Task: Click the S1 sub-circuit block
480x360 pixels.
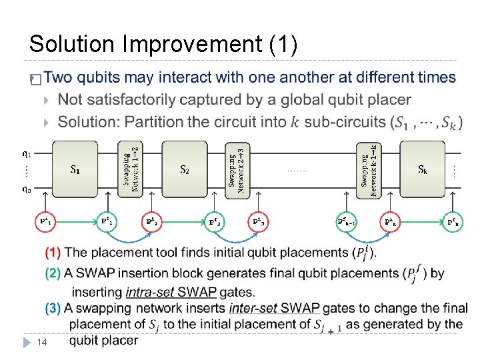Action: (75, 169)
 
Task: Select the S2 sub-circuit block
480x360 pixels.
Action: (185, 169)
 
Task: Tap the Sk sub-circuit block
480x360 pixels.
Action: (422, 169)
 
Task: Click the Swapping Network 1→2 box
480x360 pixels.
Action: (130, 170)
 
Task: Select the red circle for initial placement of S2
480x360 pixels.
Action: (152, 221)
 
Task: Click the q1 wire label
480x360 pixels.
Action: (27, 153)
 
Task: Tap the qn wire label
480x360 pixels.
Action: (27, 189)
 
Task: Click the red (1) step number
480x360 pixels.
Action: (53, 253)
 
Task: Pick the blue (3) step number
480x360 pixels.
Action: (53, 308)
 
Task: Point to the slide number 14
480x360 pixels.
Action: (41, 342)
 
